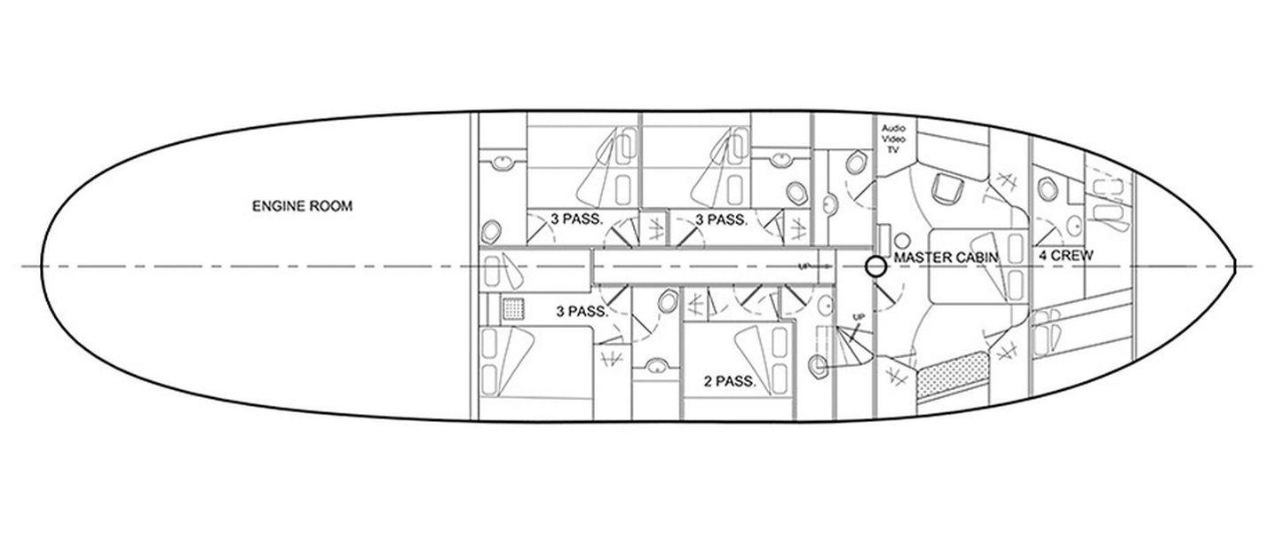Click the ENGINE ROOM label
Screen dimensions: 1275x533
(302, 206)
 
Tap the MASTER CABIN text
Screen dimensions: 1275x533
(946, 258)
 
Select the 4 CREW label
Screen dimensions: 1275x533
(1066, 256)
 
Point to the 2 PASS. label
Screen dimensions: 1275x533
(730, 381)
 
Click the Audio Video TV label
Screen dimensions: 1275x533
(893, 139)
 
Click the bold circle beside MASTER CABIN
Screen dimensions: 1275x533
(875, 266)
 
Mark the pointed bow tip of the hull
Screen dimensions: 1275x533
(1234, 266)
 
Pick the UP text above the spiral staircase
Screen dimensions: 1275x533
(859, 316)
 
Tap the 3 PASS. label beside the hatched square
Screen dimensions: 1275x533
(582, 312)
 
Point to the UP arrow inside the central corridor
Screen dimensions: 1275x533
(815, 266)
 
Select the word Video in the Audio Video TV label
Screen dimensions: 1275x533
(893, 139)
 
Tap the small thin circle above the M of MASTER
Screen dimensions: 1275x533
(902, 241)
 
